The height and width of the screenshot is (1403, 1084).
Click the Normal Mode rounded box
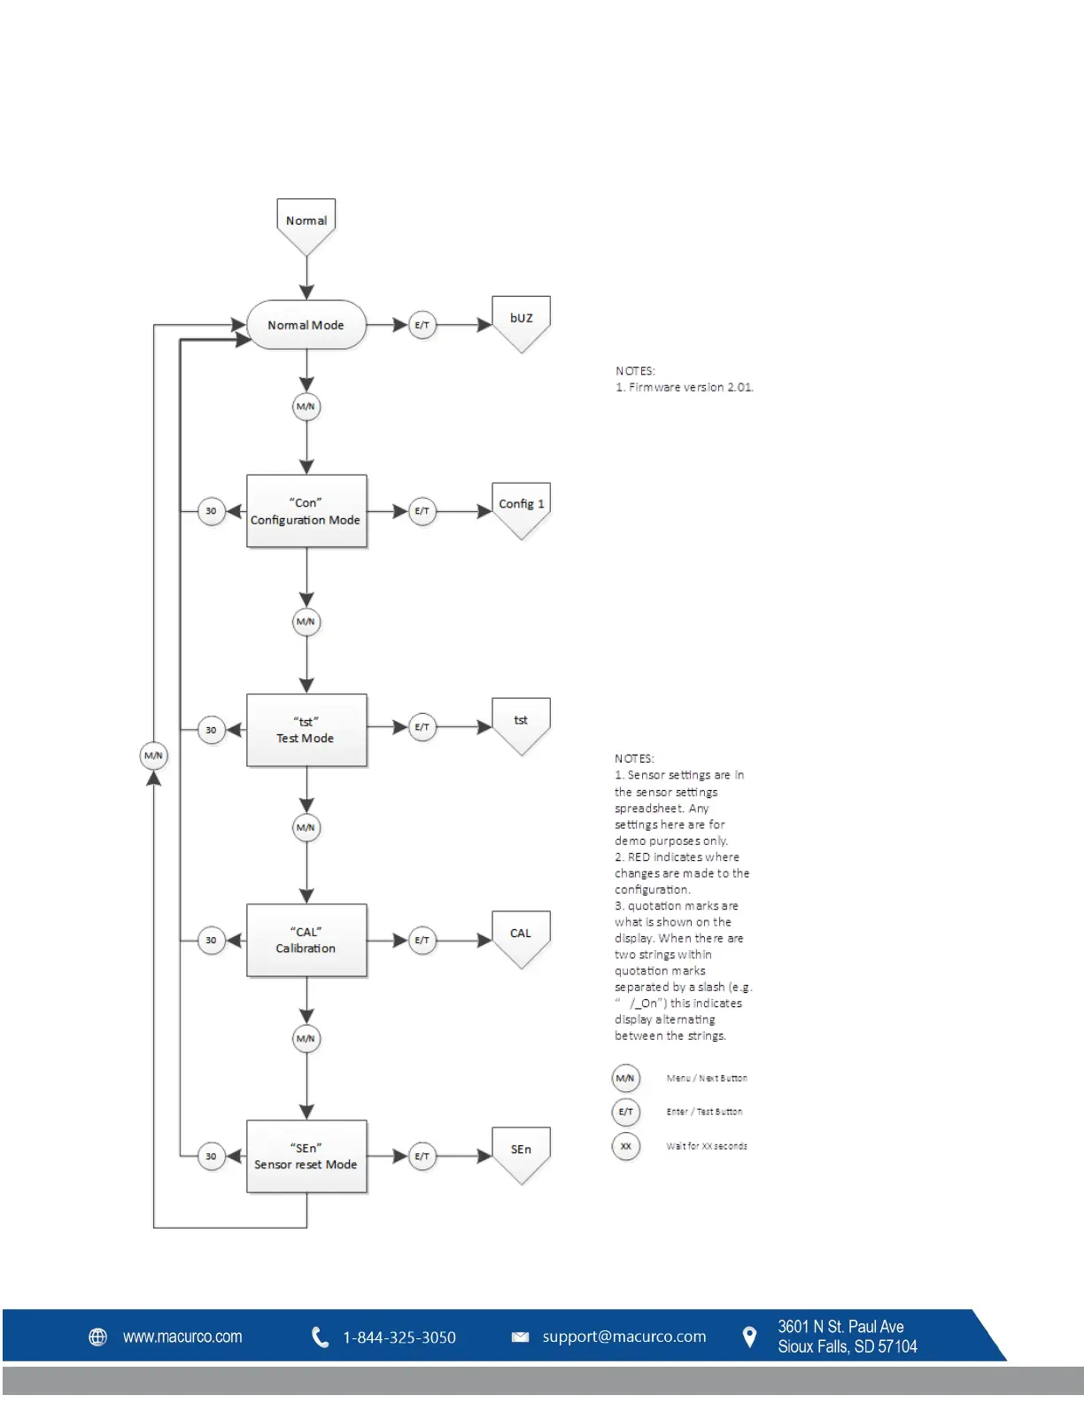click(x=306, y=325)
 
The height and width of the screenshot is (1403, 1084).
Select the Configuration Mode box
click(x=306, y=511)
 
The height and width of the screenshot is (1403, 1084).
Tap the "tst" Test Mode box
click(x=306, y=730)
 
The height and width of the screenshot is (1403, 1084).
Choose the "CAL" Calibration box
click(x=306, y=940)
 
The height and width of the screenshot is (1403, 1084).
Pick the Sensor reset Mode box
click(x=306, y=1156)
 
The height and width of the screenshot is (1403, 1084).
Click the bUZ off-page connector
click(x=521, y=321)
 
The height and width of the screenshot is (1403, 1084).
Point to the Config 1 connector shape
click(x=521, y=507)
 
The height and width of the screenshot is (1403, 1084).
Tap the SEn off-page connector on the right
click(x=521, y=1151)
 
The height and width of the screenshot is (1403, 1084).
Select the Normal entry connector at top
click(x=306, y=223)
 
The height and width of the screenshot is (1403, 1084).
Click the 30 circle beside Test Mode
click(x=211, y=730)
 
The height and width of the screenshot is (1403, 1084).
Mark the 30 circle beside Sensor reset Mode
click(x=211, y=1156)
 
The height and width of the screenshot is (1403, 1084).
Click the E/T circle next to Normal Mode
click(x=422, y=325)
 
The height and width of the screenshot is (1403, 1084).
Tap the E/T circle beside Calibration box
click(x=422, y=940)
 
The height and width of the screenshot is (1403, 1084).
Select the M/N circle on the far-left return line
click(x=153, y=756)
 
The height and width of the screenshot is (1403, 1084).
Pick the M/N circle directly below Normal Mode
click(x=306, y=407)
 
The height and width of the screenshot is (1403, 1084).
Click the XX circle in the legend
click(x=625, y=1146)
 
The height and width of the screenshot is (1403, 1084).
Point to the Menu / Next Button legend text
click(x=707, y=1078)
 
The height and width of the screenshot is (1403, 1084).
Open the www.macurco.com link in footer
click(x=182, y=1337)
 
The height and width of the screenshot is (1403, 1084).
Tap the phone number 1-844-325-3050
click(x=399, y=1337)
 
